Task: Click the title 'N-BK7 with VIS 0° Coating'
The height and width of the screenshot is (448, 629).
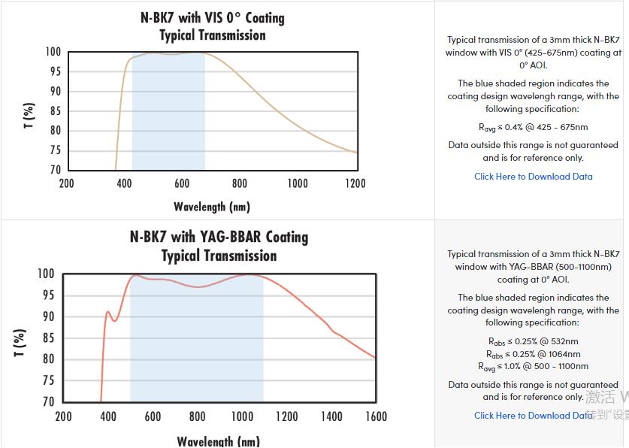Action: click(x=213, y=17)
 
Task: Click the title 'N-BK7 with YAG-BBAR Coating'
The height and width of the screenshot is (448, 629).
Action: click(x=219, y=237)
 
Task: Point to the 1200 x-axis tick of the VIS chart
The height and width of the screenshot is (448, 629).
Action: click(x=355, y=183)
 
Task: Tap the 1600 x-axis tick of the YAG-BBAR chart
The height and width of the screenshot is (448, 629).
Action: click(x=376, y=416)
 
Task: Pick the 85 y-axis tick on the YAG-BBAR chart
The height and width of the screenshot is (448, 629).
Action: click(x=48, y=338)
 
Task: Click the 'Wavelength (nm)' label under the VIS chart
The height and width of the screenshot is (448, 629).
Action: click(x=212, y=207)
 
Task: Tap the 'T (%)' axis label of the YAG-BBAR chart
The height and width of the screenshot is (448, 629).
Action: click(x=20, y=342)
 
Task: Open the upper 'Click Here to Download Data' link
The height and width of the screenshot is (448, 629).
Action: click(x=533, y=177)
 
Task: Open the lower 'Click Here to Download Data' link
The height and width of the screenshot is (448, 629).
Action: click(x=533, y=415)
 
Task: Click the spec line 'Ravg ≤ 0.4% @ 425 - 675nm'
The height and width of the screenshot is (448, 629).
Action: click(x=534, y=127)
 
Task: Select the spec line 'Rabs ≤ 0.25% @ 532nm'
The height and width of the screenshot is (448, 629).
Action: click(x=534, y=341)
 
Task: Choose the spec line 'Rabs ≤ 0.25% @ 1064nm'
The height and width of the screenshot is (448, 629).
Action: click(x=534, y=354)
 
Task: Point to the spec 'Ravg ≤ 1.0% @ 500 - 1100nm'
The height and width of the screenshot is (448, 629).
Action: click(x=534, y=367)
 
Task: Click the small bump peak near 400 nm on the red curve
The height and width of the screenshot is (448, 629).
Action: click(x=108, y=311)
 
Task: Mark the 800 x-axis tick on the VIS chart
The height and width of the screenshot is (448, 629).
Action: click(x=240, y=183)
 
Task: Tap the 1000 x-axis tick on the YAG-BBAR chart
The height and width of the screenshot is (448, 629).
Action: click(x=242, y=416)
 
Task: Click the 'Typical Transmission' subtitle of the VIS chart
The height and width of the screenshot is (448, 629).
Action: click(x=213, y=35)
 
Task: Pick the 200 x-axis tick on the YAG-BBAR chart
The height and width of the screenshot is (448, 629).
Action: click(x=64, y=416)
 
